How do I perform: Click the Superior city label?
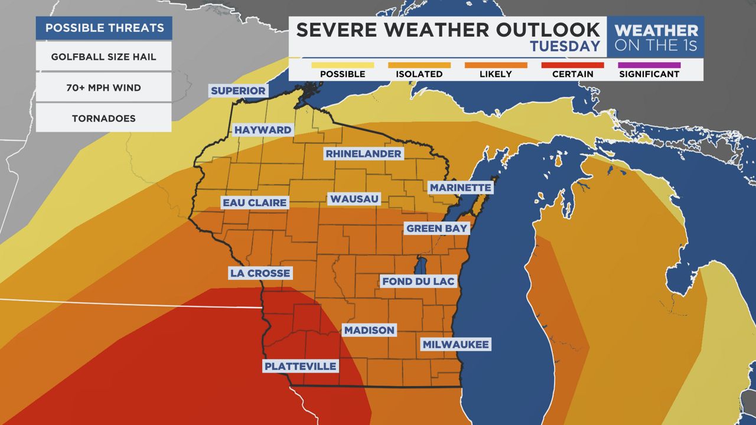click(238, 90)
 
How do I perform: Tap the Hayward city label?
click(263, 130)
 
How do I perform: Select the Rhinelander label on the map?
click(363, 153)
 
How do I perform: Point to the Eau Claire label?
click(255, 202)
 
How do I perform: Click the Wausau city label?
click(354, 199)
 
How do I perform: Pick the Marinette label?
click(460, 188)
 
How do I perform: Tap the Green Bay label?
click(436, 228)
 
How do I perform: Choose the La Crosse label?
click(260, 273)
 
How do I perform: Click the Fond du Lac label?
click(418, 281)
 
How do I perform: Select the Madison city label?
click(370, 330)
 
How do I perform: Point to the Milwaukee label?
click(456, 344)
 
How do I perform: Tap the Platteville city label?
click(301, 366)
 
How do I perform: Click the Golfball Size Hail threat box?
click(103, 57)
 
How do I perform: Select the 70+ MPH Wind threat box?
click(103, 88)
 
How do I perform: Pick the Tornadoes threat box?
click(103, 119)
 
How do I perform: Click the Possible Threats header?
click(103, 28)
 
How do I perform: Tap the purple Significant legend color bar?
click(649, 65)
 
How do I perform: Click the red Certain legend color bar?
click(572, 65)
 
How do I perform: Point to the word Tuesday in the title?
click(565, 46)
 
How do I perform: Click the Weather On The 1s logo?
click(656, 37)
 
